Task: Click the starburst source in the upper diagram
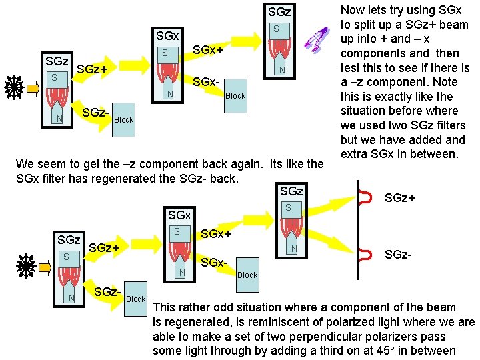coord(14,87)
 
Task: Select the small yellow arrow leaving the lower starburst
coord(46,267)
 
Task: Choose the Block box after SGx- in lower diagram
coord(247,275)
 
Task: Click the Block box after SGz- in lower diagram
coord(136,299)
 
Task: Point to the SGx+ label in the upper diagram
coord(208,51)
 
